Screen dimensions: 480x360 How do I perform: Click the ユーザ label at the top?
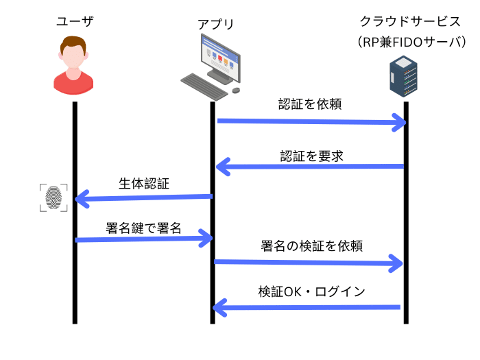click(x=75, y=21)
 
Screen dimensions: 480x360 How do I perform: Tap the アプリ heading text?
click(x=216, y=24)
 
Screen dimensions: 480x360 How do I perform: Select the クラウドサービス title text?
click(x=410, y=21)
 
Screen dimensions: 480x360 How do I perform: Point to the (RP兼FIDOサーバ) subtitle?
click(x=411, y=42)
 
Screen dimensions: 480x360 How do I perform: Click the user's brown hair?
click(x=73, y=43)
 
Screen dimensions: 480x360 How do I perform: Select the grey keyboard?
click(x=204, y=86)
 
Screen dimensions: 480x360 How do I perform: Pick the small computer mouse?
click(x=236, y=90)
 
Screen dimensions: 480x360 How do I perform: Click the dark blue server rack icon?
click(x=403, y=76)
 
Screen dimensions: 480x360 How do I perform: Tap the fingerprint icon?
click(x=53, y=197)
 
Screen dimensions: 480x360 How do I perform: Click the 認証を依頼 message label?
click(x=310, y=104)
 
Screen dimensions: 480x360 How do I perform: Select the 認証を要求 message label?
click(x=311, y=156)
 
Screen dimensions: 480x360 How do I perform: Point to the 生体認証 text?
click(x=144, y=184)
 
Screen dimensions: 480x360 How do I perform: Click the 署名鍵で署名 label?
click(x=143, y=228)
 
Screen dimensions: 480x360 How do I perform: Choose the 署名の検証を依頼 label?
click(x=311, y=245)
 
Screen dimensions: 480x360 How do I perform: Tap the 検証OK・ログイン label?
click(x=311, y=291)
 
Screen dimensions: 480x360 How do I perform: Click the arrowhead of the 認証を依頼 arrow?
click(x=400, y=123)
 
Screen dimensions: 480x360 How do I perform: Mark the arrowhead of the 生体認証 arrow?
click(x=81, y=199)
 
